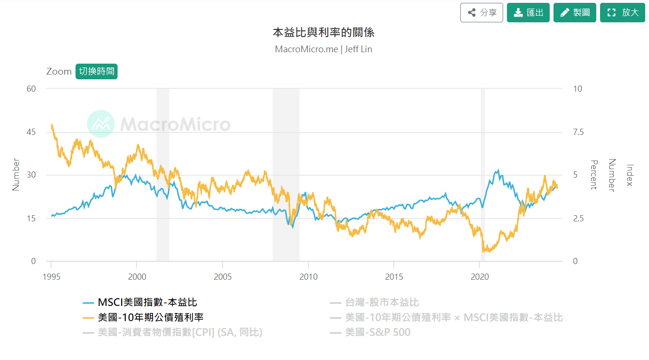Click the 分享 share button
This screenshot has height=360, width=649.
481,12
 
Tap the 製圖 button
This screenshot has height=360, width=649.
575,12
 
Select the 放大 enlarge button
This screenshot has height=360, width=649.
622,12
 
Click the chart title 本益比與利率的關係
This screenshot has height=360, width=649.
324,32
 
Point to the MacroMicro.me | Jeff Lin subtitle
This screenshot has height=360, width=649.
324,49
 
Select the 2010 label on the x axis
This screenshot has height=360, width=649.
308,277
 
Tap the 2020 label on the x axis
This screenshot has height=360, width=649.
480,277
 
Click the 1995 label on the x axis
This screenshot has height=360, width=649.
51,277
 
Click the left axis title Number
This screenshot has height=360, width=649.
16,175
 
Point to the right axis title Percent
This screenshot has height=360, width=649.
593,175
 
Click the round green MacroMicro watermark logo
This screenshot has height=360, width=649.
101,124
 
